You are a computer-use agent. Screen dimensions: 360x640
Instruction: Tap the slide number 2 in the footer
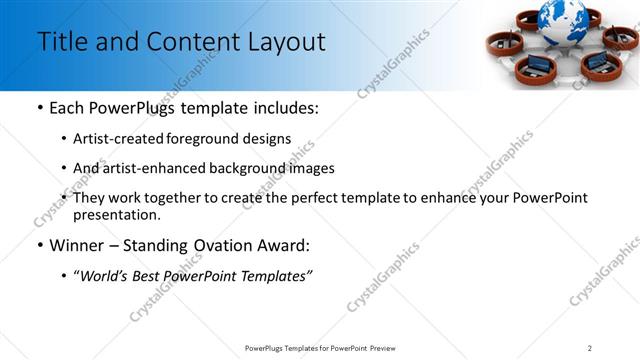(590, 348)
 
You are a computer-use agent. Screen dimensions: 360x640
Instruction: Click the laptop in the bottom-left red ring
(527, 68)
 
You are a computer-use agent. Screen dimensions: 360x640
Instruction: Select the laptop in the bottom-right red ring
(597, 62)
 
